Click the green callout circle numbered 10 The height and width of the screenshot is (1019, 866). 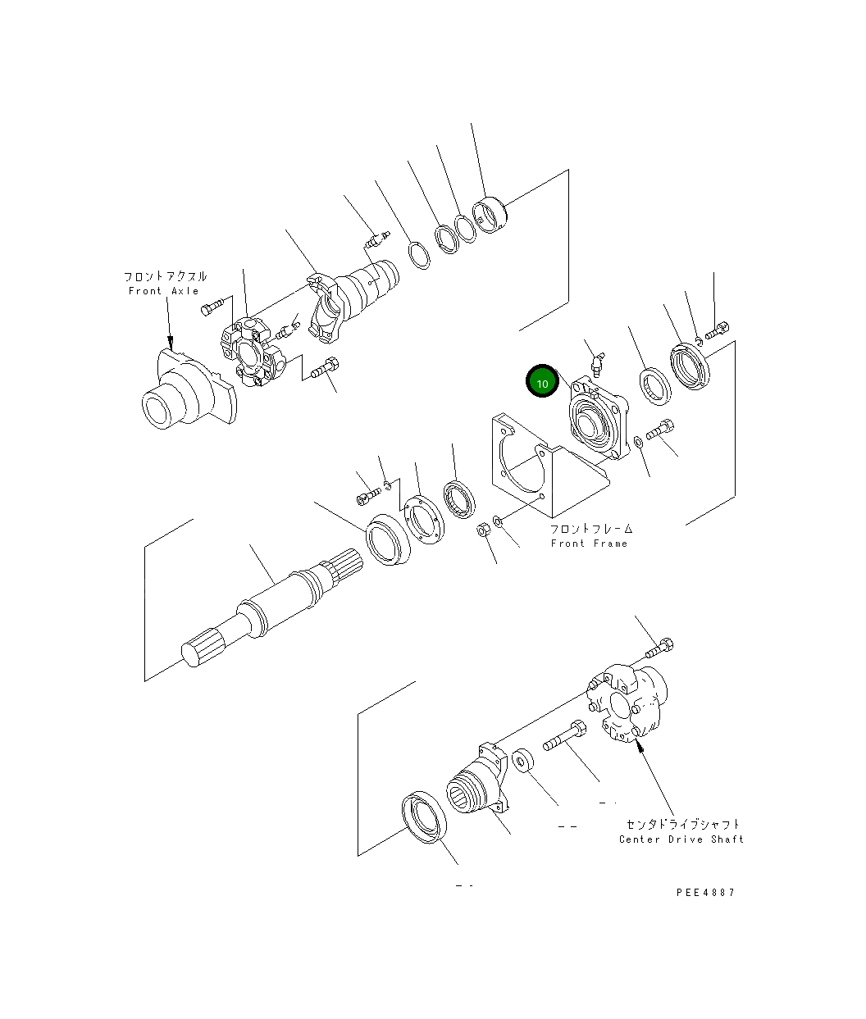542,382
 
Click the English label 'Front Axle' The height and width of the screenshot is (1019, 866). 164,291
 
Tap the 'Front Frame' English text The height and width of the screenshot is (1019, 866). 589,544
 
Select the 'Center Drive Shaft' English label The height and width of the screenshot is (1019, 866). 681,839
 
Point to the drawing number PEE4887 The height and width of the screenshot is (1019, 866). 705,893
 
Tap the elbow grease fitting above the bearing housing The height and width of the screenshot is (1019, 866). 599,361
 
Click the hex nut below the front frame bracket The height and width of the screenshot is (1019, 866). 483,531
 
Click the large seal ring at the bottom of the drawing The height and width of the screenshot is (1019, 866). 425,816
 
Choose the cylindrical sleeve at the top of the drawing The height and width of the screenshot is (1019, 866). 490,216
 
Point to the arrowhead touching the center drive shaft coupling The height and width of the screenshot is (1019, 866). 640,747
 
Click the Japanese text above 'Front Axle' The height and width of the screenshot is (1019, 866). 165,277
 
